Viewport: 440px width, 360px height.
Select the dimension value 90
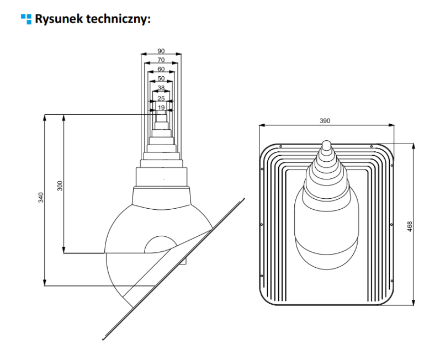tap(161, 51)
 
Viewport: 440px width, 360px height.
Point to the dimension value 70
tap(161, 60)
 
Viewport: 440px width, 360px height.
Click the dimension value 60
tap(161, 69)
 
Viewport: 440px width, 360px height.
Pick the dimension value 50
tap(161, 78)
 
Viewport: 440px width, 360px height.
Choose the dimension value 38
tap(161, 88)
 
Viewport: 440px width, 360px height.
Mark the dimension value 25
tap(161, 98)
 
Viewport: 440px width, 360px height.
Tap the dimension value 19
tap(161, 107)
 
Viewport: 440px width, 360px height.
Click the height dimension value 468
tap(410, 226)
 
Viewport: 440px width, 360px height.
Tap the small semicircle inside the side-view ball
tap(161, 245)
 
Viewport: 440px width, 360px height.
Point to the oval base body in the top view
tap(325, 226)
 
